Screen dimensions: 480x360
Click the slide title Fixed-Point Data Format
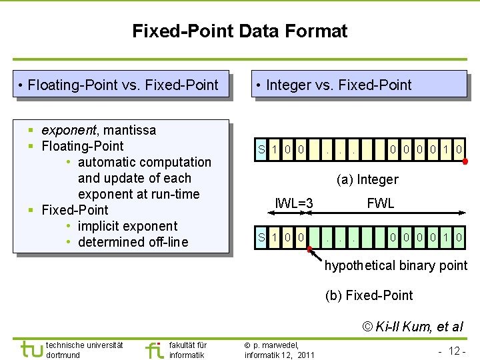pos(239,31)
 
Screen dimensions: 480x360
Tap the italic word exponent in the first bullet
pos(69,130)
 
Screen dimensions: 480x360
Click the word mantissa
pos(130,130)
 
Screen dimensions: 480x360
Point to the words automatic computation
pos(144,162)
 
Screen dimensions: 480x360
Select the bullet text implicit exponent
pos(127,226)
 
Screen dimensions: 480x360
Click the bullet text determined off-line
pos(133,242)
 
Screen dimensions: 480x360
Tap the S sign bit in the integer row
pos(262,149)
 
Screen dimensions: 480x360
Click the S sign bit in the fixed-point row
pos(262,237)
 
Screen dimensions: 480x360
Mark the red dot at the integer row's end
pos(465,161)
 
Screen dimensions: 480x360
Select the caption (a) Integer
pos(367,179)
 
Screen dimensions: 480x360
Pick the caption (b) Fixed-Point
pos(369,295)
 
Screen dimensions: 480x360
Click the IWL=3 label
pos(294,203)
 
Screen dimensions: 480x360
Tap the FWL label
pos(381,203)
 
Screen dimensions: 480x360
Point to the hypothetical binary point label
pos(396,265)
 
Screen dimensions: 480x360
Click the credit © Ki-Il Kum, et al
pos(412,326)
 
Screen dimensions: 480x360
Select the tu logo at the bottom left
pos(32,349)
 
